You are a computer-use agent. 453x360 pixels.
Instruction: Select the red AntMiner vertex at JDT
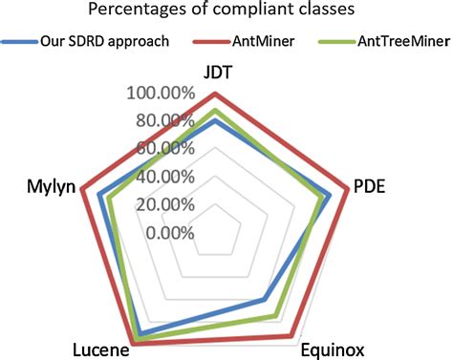click(x=216, y=94)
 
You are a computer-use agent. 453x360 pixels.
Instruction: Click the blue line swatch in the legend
click(x=18, y=43)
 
